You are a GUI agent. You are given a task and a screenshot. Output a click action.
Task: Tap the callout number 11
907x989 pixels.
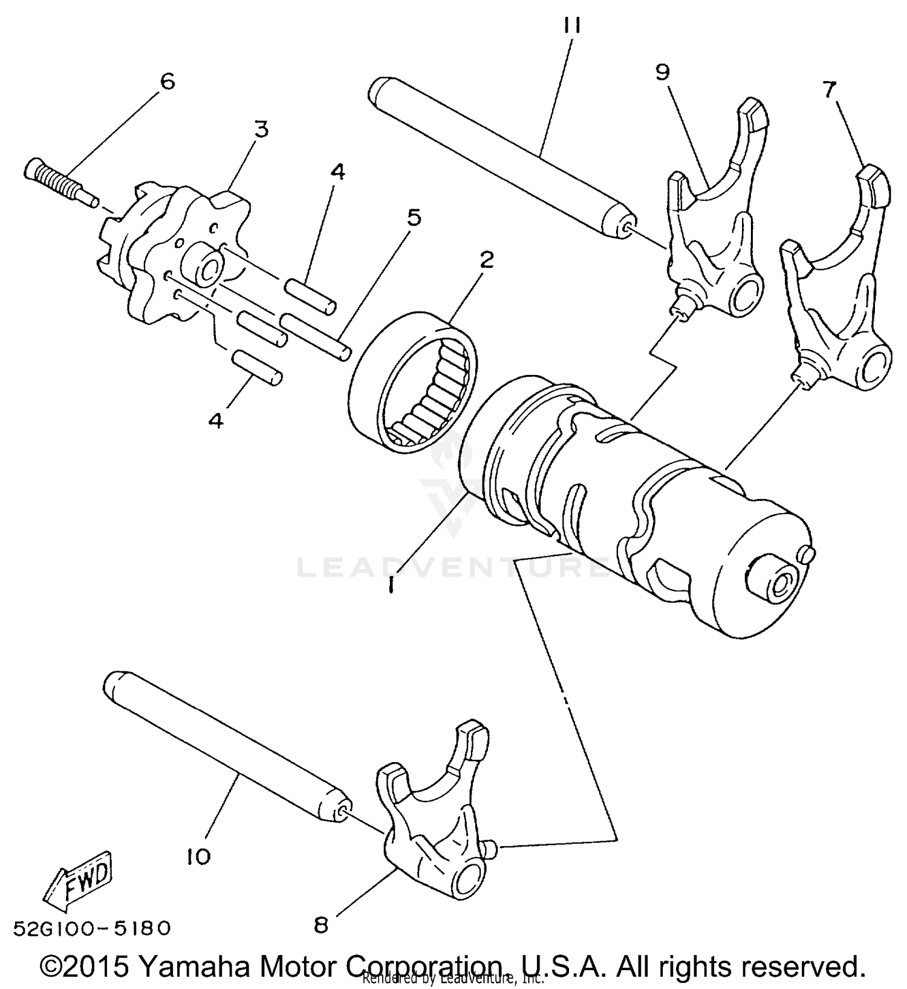571,26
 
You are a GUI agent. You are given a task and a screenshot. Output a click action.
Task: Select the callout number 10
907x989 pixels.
198,856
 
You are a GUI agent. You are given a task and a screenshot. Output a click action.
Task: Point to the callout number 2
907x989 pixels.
486,260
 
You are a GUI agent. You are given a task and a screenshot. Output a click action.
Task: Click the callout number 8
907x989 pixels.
321,925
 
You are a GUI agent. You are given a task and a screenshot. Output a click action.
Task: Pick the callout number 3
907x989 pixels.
261,129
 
